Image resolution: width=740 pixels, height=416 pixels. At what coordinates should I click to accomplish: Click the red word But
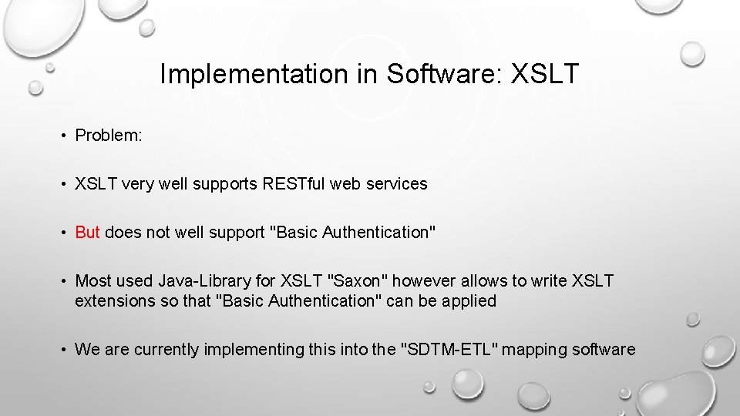[x=87, y=233]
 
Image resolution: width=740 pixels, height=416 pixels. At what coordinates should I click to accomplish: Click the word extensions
[x=116, y=301]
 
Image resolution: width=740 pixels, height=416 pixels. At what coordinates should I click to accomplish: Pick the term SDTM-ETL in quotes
[x=452, y=350]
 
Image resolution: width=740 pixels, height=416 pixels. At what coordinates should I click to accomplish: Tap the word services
[x=398, y=184]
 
